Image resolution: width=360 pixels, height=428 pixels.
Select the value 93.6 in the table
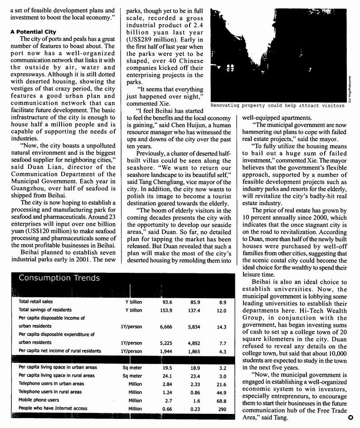167,301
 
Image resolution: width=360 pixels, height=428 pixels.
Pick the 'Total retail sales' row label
36,301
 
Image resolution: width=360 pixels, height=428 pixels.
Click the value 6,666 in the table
167,326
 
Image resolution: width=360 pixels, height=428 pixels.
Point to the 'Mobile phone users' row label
39,400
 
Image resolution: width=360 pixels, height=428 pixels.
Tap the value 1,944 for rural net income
167,351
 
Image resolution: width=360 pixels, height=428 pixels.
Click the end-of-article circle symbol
350,418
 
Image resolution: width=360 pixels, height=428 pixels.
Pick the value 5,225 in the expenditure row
167,343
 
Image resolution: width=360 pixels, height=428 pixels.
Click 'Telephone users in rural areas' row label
50,392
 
